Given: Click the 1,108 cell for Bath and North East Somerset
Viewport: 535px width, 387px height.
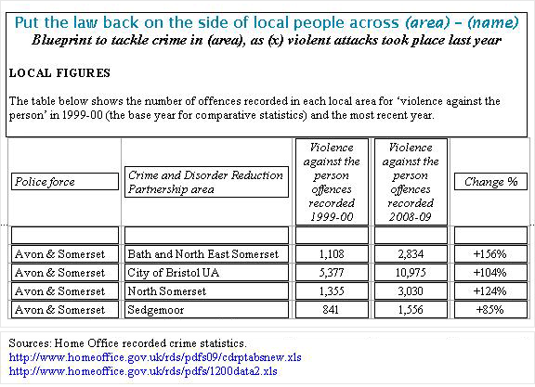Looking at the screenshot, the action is (x=333, y=254).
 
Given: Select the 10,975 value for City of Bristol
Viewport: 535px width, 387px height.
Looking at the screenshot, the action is (x=410, y=273).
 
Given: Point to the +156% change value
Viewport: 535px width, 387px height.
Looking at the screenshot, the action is (x=489, y=254).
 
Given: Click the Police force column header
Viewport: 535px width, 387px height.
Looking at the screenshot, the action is (x=65, y=182).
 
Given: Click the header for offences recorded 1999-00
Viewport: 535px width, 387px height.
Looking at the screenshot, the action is (x=333, y=182).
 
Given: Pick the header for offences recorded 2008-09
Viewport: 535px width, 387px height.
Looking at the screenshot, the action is (x=410, y=182).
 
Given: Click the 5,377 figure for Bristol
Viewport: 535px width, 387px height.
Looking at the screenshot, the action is (x=333, y=273).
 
